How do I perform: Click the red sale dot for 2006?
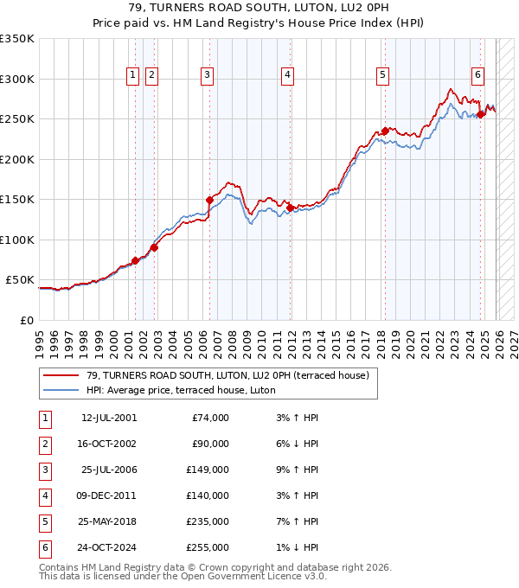pos(209,200)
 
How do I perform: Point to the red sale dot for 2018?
pos(384,131)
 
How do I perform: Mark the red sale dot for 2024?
pos(480,115)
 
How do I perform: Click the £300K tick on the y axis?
pos(17,79)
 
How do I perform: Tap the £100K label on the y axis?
pos(17,240)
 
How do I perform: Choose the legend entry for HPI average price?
pos(181,390)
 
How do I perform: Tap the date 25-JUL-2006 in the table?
pos(109,470)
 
